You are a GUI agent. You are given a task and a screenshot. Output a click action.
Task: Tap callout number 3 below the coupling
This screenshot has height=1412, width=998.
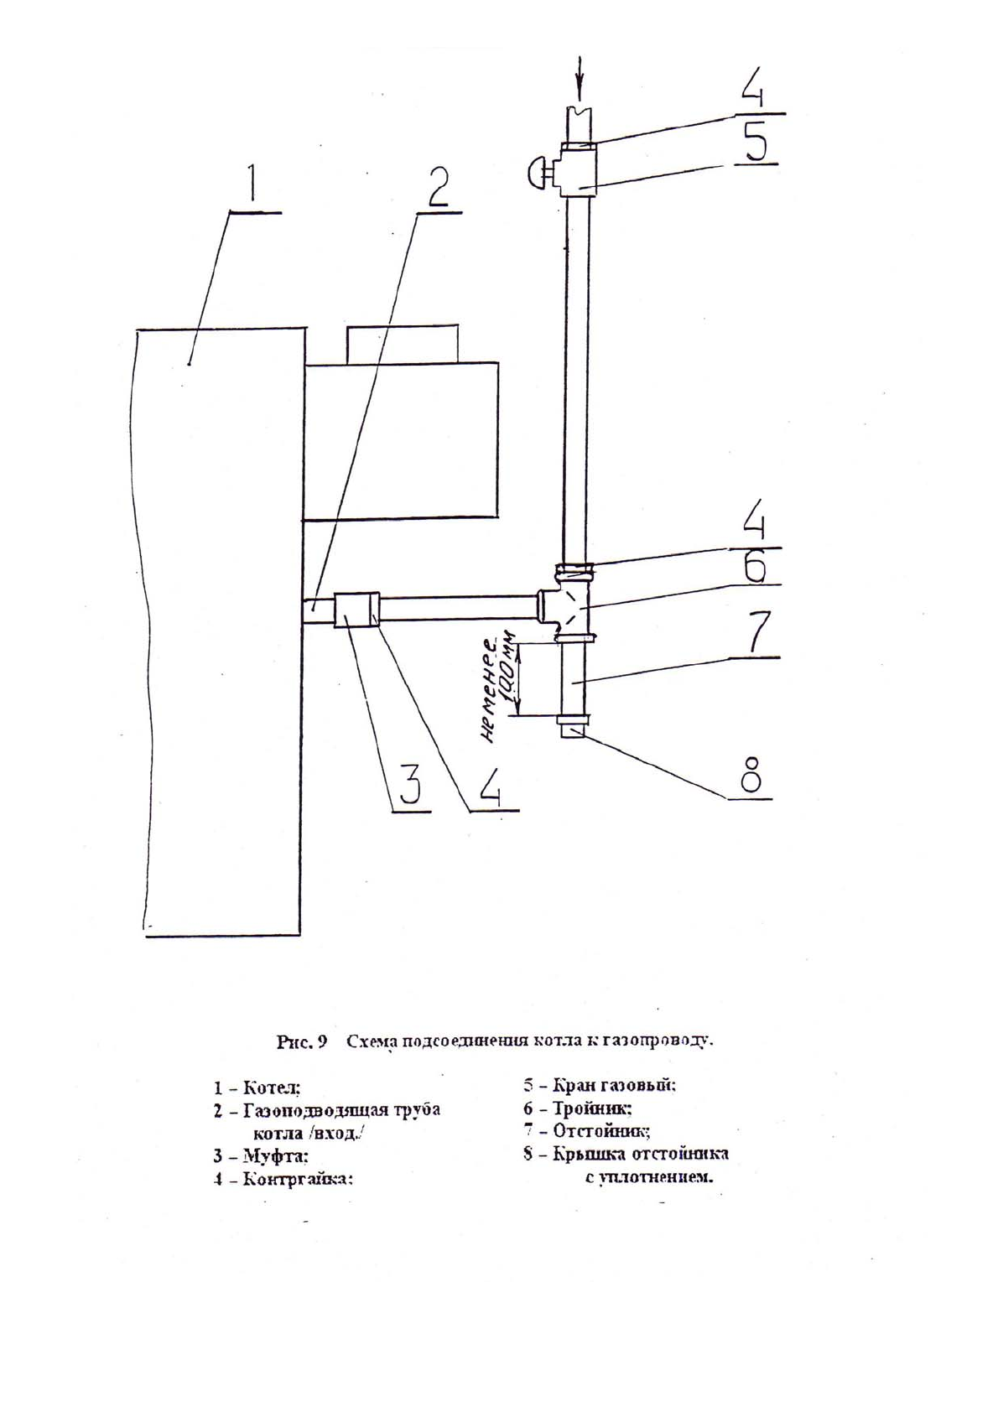tap(408, 784)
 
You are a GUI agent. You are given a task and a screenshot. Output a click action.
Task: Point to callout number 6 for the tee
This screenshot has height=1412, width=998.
tap(753, 565)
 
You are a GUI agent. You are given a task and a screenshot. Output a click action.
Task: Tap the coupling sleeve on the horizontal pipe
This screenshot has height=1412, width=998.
tap(356, 610)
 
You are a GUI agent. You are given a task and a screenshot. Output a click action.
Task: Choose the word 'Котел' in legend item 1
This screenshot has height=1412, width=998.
tap(270, 1088)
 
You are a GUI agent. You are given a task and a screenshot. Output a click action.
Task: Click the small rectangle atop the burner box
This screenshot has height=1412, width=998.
tap(403, 344)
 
